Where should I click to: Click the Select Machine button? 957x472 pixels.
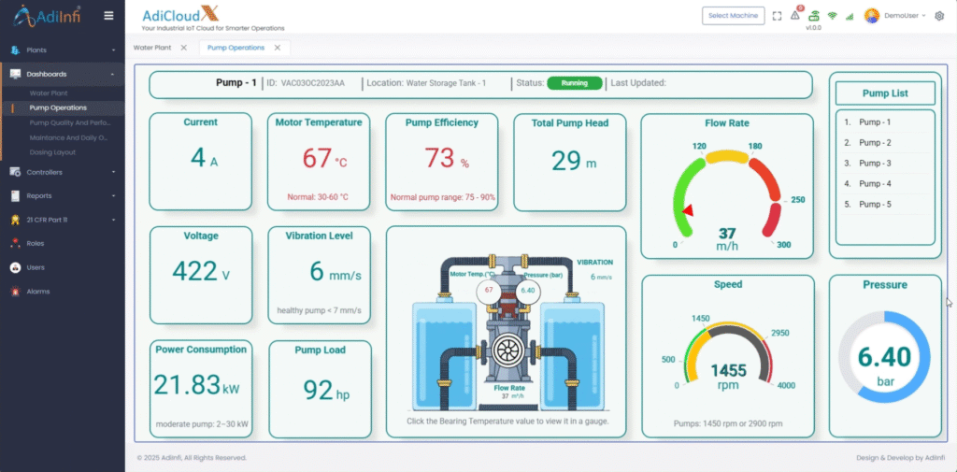click(x=733, y=16)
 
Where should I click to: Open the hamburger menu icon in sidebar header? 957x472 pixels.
click(x=109, y=16)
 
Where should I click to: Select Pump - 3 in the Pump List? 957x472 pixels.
click(x=874, y=164)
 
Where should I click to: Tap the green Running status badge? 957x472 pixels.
click(x=574, y=83)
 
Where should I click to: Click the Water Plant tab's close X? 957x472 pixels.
click(x=183, y=48)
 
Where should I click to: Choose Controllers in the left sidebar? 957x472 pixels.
click(x=45, y=173)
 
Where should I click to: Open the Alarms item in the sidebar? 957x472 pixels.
click(x=38, y=292)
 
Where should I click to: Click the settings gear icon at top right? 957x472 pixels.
click(x=939, y=16)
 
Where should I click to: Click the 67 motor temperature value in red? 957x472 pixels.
click(x=317, y=158)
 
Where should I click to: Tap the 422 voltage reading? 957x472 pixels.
click(x=194, y=271)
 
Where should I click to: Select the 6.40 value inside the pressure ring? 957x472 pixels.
click(x=884, y=357)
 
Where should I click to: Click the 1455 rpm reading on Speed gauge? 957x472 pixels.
click(x=727, y=370)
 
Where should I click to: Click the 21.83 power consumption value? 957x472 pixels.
click(x=187, y=384)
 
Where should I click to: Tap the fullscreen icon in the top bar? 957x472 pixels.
click(x=778, y=16)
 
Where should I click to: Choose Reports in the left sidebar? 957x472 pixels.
click(x=39, y=196)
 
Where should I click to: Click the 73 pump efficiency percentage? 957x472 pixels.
click(x=439, y=158)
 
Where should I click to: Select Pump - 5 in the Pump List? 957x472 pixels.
click(x=874, y=204)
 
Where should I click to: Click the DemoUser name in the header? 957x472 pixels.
click(x=902, y=16)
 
